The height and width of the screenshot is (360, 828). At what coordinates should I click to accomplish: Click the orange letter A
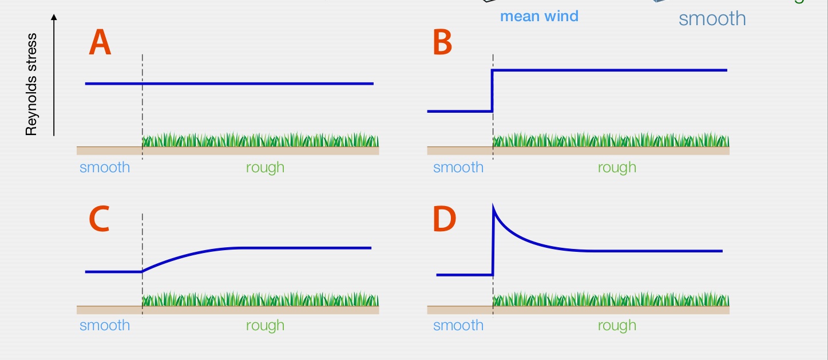point(100,45)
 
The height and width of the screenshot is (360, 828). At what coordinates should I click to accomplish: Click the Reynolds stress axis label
point(31,85)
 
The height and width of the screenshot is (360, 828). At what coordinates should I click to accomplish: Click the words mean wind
point(539,16)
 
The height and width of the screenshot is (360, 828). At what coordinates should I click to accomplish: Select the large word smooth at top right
point(712,18)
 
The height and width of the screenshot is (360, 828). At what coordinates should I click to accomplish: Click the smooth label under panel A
point(105,168)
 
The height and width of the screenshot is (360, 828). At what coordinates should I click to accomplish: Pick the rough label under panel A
point(265,168)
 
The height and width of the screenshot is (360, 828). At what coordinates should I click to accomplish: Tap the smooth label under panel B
point(458,168)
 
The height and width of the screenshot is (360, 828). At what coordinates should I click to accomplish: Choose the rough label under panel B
point(617,168)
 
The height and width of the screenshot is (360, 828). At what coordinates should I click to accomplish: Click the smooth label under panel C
point(105,326)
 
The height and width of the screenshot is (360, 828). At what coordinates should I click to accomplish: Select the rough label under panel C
point(265,326)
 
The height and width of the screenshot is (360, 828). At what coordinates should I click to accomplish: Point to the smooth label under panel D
point(458,326)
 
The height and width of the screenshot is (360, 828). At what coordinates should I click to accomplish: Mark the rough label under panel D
point(617,326)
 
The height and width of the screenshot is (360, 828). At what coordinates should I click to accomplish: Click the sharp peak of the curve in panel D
point(493,210)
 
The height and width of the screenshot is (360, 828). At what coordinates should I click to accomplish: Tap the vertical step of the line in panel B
point(492,90)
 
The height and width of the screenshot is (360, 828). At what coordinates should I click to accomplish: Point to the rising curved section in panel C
point(183,255)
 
